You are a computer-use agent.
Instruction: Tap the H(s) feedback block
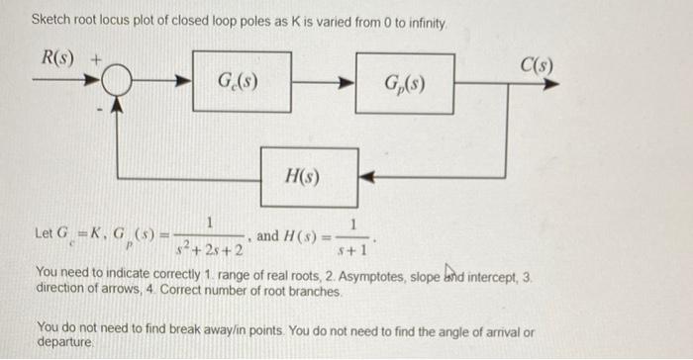coord(308,176)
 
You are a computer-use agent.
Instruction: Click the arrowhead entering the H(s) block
coord(366,177)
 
